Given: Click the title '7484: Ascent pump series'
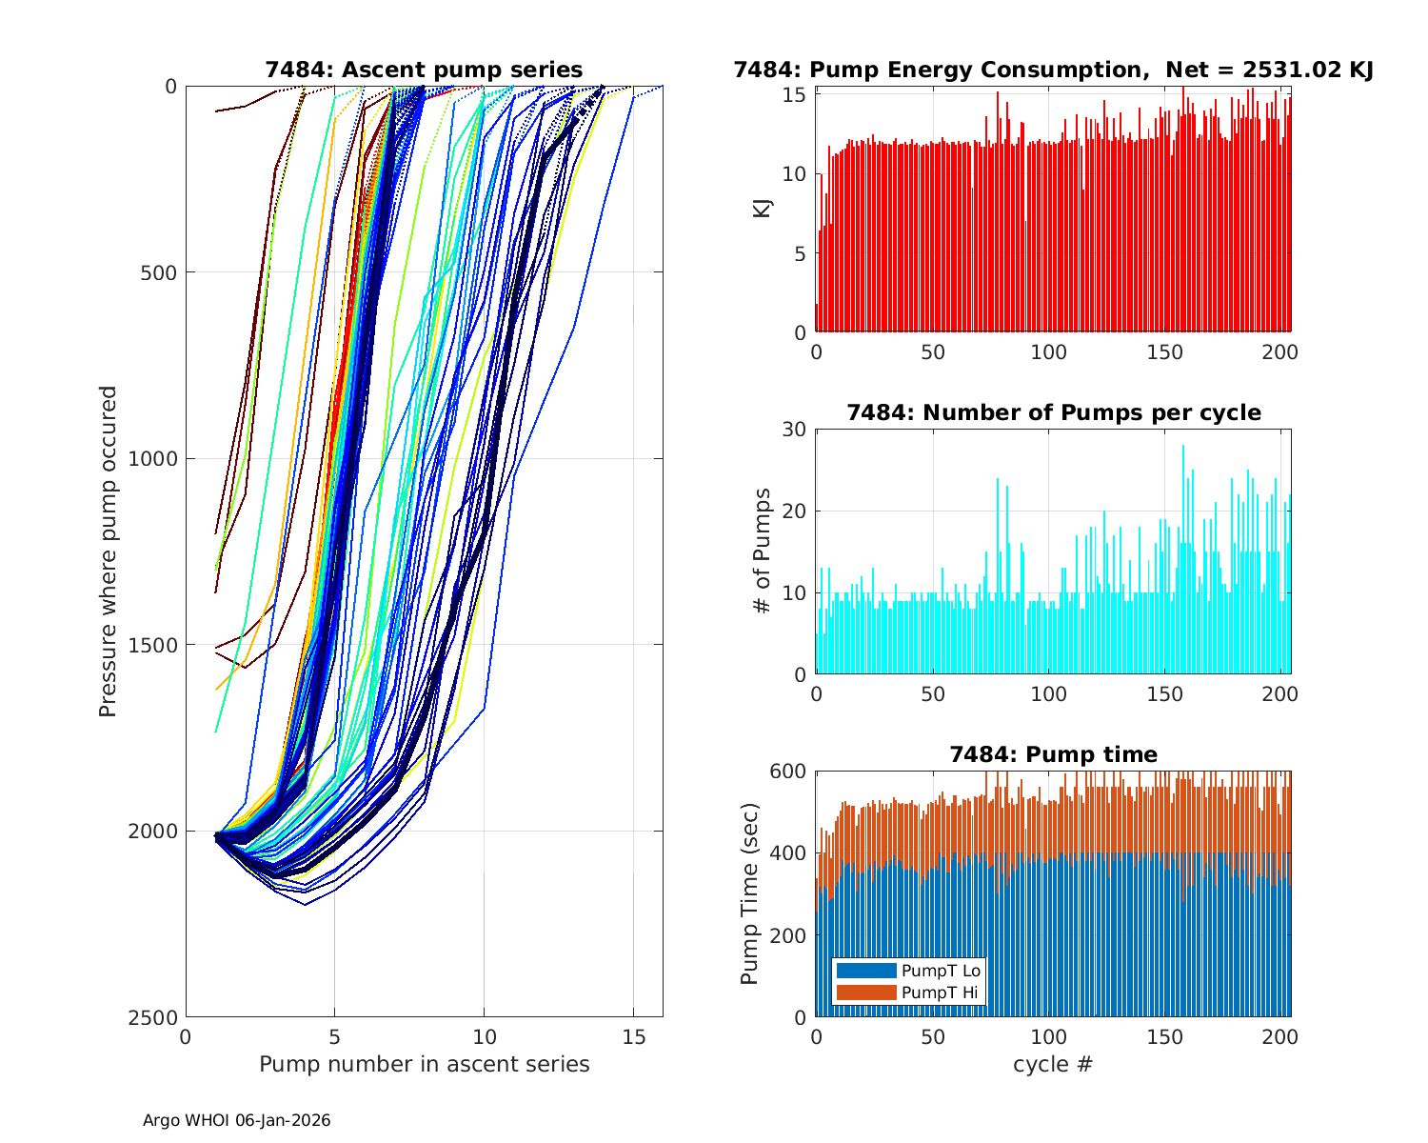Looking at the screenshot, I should [x=424, y=70].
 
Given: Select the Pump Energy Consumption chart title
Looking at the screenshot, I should [x=1053, y=70].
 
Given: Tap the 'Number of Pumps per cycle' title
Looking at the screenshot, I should [x=1053, y=412].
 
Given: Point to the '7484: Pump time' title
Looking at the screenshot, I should [x=1053, y=754].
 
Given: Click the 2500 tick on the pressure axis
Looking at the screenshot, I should [x=158, y=1017].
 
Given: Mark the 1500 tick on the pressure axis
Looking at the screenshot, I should [x=158, y=645].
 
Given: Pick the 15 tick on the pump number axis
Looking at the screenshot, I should [x=632, y=1035].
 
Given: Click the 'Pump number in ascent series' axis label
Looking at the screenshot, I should [x=424, y=1064].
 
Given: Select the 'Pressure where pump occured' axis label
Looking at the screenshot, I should [x=108, y=551].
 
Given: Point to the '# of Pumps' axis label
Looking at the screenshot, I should [x=762, y=551].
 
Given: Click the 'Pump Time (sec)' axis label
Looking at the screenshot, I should [x=750, y=892].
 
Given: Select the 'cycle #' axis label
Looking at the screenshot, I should [x=1053, y=1064].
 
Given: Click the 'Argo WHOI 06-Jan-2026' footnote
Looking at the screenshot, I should [x=236, y=1120].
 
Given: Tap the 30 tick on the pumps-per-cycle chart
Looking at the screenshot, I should [x=795, y=430].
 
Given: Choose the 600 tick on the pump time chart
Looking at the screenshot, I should [x=788, y=771].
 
